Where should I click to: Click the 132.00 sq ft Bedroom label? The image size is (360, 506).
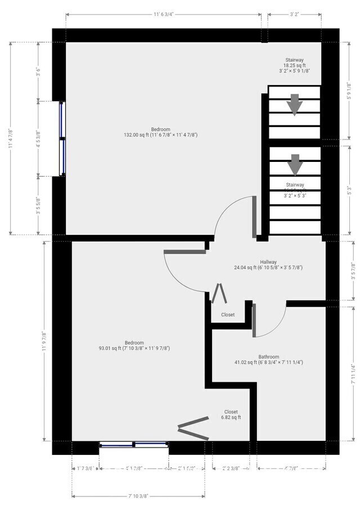[x=160, y=132]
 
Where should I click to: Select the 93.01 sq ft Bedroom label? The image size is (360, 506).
[x=134, y=345]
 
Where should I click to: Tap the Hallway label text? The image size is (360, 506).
[x=268, y=265]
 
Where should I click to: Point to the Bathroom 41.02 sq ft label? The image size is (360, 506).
[x=268, y=359]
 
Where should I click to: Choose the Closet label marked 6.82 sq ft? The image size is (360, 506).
[x=231, y=414]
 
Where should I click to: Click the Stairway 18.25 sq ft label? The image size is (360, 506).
[x=294, y=65]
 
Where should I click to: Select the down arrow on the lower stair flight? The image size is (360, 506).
[x=295, y=165]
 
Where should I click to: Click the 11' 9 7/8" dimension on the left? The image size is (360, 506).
[x=44, y=341]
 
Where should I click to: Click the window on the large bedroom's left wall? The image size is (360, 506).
[x=63, y=138]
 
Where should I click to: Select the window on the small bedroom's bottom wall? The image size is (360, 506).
[x=134, y=445]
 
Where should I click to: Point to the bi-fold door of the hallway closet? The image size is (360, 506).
[x=218, y=293]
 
